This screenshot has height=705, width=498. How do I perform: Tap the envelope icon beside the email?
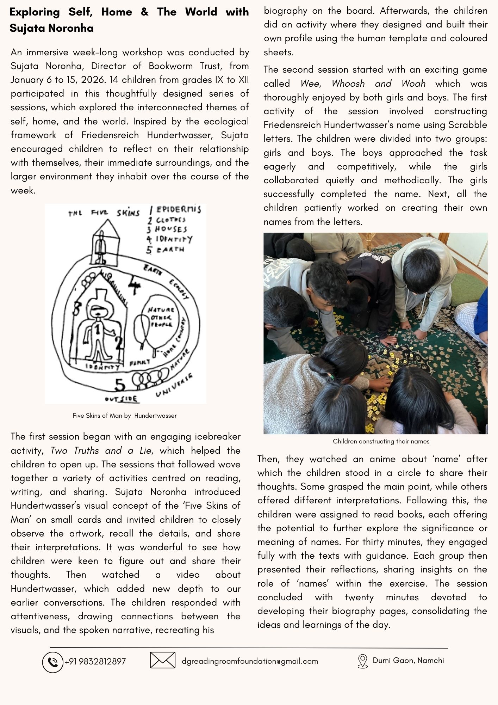[162, 660]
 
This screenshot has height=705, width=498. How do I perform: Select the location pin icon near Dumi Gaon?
[362, 661]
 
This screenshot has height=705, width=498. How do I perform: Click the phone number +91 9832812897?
[95, 662]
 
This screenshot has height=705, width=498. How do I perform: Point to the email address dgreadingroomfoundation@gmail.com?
[250, 661]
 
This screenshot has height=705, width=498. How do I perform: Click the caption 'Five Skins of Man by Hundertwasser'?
[125, 416]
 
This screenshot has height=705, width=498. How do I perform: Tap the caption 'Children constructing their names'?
[381, 441]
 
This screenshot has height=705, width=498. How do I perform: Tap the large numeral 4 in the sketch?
[134, 285]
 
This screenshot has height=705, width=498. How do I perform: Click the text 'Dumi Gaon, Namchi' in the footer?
[408, 661]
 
